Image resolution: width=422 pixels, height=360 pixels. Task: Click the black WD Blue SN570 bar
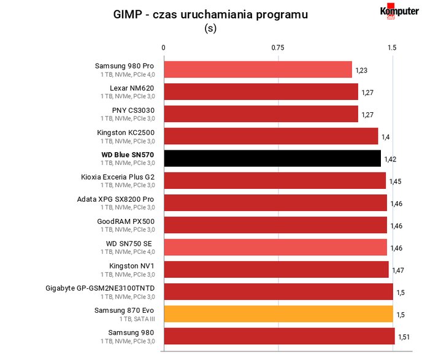point(272,158)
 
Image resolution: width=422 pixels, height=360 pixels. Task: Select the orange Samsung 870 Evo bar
point(278,314)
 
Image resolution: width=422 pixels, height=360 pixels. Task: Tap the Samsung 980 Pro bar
point(258,69)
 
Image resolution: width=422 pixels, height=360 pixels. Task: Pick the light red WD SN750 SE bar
point(275,247)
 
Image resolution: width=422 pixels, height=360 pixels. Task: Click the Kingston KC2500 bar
point(271,136)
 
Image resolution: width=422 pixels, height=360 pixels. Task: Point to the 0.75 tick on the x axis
point(277,48)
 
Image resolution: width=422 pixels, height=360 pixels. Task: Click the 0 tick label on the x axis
point(163,48)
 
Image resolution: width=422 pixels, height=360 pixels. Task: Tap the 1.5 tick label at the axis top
point(392,48)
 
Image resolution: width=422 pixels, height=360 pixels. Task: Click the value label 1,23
point(361,71)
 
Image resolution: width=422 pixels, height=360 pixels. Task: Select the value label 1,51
point(404,337)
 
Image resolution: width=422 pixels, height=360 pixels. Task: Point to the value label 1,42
point(390,159)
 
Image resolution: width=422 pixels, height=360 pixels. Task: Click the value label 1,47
point(398,270)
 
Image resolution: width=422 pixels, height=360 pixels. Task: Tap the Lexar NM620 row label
point(132,88)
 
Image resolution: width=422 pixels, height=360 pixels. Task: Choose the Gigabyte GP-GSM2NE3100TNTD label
point(100,288)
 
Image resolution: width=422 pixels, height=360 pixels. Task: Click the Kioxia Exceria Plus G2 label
point(118,177)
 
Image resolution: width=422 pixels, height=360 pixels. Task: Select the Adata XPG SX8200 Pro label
point(115,199)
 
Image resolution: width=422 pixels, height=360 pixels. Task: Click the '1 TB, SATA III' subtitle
point(137,319)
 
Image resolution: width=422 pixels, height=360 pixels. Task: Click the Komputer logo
point(399,11)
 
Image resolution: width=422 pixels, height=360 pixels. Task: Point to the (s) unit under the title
point(210,28)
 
